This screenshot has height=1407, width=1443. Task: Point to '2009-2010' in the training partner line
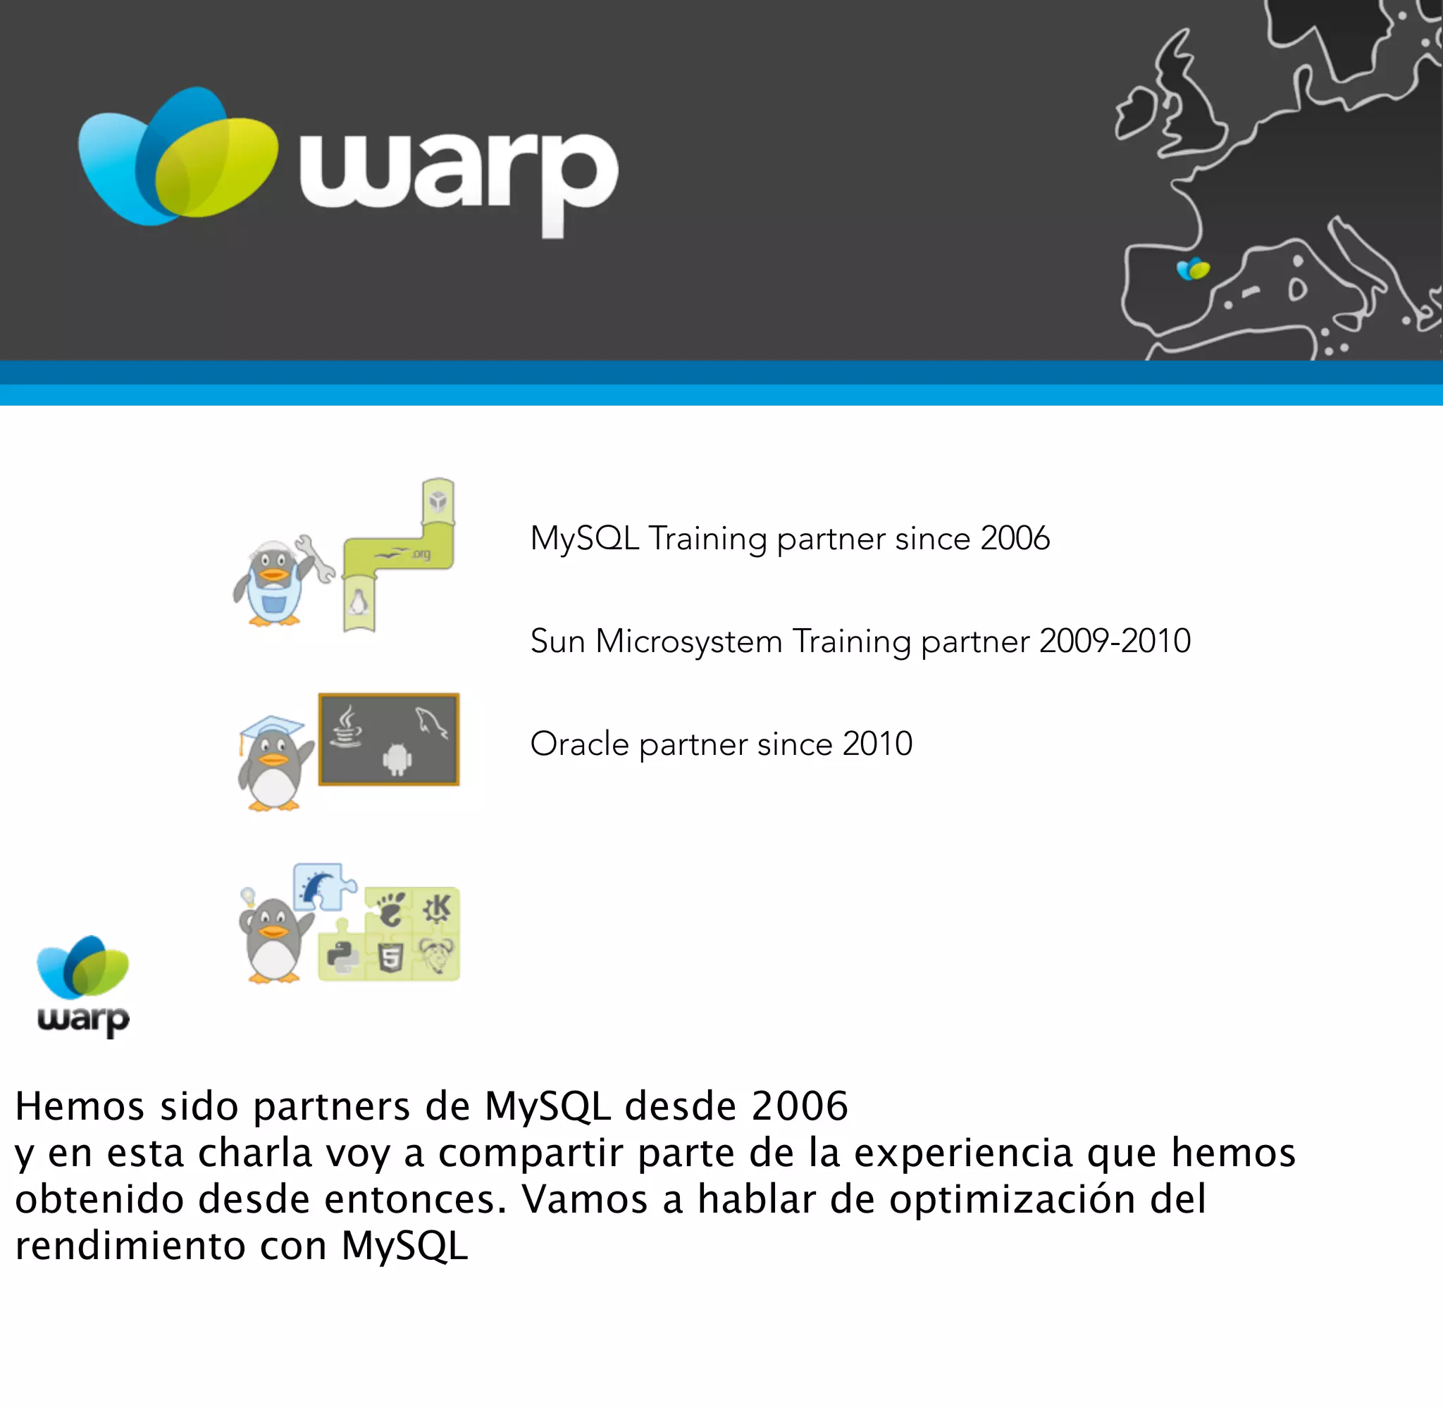click(1115, 642)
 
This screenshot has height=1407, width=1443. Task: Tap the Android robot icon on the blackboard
click(397, 760)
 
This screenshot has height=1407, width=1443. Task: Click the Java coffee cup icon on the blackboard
click(346, 728)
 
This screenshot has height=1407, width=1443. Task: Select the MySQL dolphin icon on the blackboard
click(432, 723)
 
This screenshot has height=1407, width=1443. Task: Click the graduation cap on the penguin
click(271, 727)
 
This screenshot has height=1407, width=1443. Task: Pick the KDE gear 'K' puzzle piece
click(438, 908)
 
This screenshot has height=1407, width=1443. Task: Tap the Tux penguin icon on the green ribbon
click(359, 603)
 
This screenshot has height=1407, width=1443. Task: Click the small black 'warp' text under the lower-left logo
click(84, 1020)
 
